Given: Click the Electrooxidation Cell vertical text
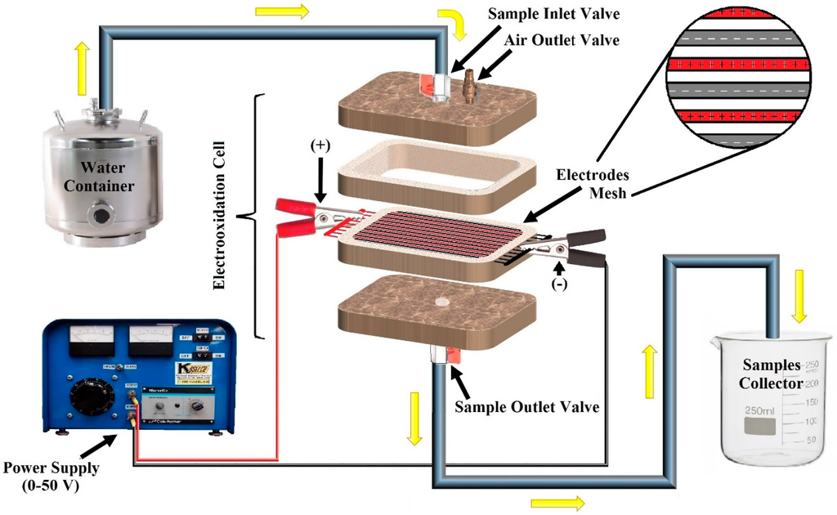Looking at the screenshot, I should pyautogui.click(x=219, y=216).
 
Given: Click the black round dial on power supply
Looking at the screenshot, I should pyautogui.click(x=87, y=396).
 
